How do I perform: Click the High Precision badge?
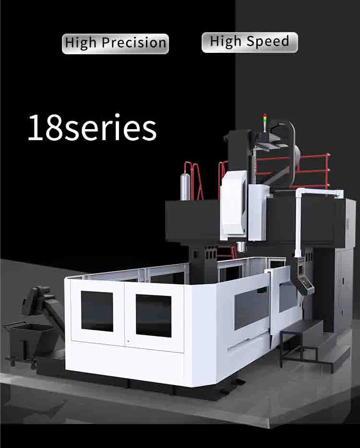coord(115,43)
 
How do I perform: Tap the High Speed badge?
coord(250,42)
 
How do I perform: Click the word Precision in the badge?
coord(134,43)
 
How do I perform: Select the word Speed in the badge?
coord(268,41)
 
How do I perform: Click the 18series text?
coord(92,127)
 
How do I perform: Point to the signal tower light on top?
coord(265,122)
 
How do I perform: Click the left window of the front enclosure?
coord(97,311)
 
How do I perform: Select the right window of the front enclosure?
coord(154,315)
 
